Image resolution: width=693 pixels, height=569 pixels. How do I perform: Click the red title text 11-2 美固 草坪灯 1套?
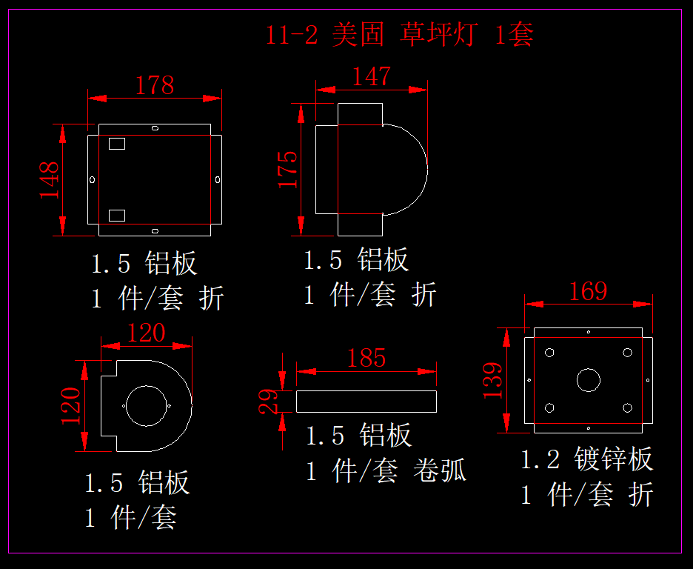tap(399, 35)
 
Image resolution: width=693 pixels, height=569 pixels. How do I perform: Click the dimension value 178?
tap(154, 85)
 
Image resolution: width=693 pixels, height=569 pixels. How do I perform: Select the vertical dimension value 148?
tap(50, 180)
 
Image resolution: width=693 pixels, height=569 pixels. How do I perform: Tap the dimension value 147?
tap(371, 76)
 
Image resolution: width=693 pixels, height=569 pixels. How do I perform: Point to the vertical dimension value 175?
tap(288, 169)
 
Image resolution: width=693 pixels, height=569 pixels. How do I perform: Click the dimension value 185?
tap(366, 359)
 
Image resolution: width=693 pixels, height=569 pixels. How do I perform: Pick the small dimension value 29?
tap(269, 400)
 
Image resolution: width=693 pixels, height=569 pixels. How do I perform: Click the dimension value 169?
tap(588, 291)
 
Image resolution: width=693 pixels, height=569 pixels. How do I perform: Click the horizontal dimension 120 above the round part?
tap(146, 333)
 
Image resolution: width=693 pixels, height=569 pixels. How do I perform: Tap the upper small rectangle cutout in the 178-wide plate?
tap(117, 144)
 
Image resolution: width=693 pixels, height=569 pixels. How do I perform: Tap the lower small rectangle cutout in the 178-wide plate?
tap(117, 215)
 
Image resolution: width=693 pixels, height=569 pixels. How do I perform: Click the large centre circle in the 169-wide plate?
tap(588, 380)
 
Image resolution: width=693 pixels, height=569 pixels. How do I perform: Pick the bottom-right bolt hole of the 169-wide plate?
tap(627, 407)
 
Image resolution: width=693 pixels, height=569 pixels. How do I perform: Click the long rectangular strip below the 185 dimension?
tap(366, 401)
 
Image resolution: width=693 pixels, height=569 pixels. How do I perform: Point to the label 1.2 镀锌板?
tap(587, 459)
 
